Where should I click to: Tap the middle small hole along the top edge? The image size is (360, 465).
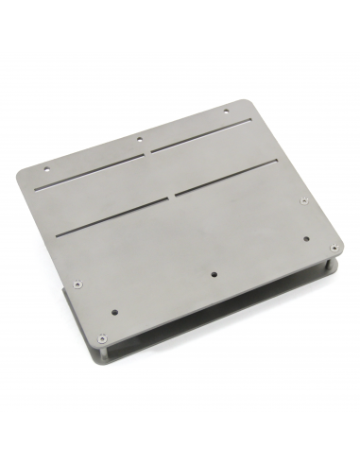(x=140, y=139)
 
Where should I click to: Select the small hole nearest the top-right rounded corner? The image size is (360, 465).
(x=226, y=112)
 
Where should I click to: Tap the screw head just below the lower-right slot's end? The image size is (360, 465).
(x=303, y=201)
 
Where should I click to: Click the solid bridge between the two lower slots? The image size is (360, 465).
(x=173, y=197)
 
